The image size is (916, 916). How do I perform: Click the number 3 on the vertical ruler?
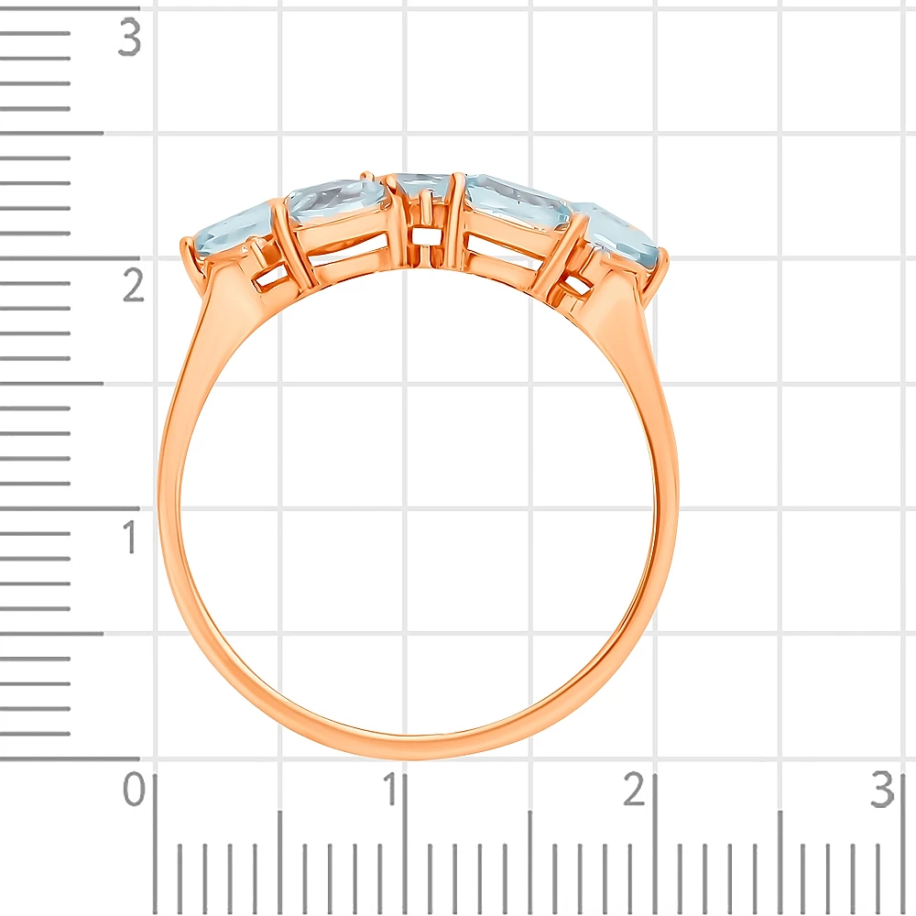click(130, 38)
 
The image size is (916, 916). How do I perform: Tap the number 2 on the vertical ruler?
click(133, 285)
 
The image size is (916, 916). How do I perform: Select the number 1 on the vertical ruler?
click(130, 536)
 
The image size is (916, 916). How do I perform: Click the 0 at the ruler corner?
click(134, 789)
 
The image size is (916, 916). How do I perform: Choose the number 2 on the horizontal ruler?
click(634, 789)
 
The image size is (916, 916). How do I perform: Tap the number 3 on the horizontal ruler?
click(882, 790)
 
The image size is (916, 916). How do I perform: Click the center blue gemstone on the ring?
click(421, 186)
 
